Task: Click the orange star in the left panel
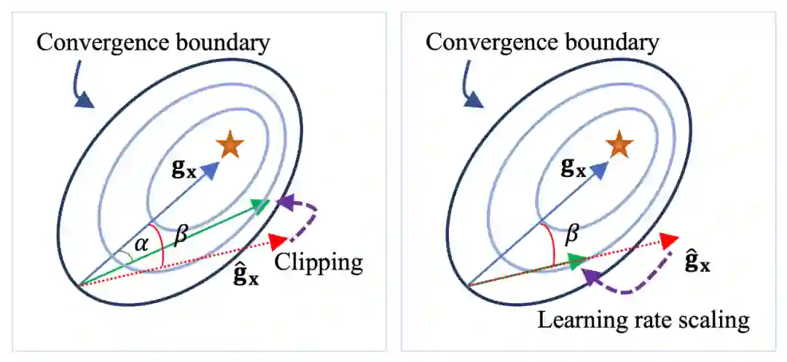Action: (230, 146)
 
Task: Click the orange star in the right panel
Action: (619, 145)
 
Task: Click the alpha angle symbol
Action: (140, 245)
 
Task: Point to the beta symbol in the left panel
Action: (181, 235)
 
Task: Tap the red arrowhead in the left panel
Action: (276, 240)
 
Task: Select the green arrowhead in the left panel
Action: (259, 205)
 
